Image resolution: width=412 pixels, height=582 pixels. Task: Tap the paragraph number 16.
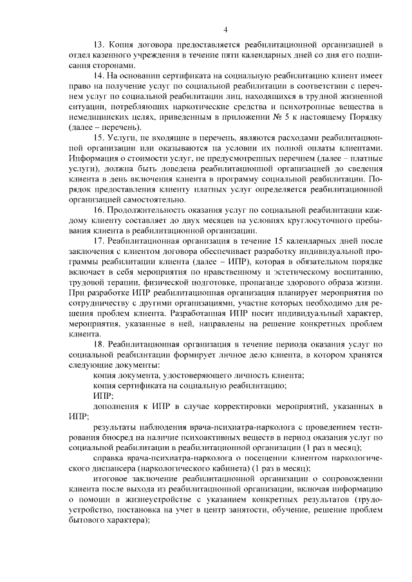pos(98,210)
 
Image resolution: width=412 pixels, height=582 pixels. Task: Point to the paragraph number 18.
pos(98,345)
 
